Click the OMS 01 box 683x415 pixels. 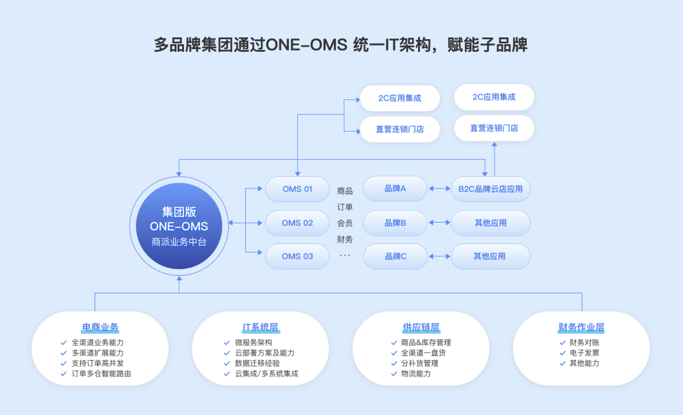[x=297, y=189]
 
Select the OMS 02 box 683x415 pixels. [x=297, y=223]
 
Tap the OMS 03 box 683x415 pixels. [x=297, y=256]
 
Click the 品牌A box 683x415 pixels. [x=395, y=189]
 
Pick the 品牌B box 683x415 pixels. [x=395, y=223]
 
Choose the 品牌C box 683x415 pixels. [x=395, y=256]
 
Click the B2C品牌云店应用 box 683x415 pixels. [x=490, y=189]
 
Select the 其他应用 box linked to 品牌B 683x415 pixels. [x=490, y=223]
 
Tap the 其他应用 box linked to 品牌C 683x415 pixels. [x=490, y=256]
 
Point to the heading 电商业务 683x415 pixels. [x=100, y=328]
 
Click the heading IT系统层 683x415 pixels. [x=261, y=328]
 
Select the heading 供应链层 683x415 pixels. [x=421, y=328]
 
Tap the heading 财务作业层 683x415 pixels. [x=581, y=328]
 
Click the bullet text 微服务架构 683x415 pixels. [x=253, y=343]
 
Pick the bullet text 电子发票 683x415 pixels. [x=584, y=353]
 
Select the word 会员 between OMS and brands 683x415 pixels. [x=345, y=223]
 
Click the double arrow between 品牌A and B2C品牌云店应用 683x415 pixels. [x=438, y=189]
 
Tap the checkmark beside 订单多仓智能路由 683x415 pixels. [x=63, y=374]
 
